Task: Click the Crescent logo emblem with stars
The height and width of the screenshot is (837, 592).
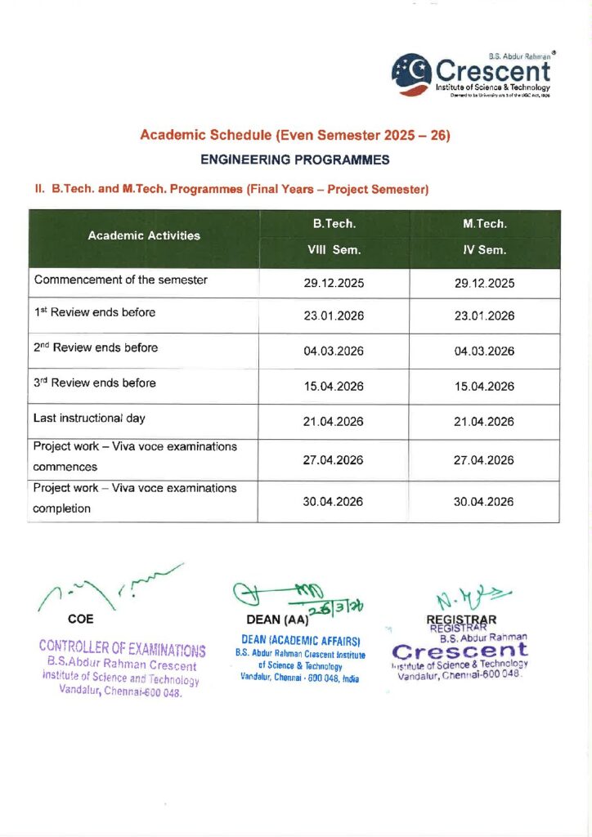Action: click(x=410, y=72)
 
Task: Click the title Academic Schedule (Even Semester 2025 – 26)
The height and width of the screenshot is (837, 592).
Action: click(x=295, y=134)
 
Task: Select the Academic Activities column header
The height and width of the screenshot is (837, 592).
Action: click(x=144, y=235)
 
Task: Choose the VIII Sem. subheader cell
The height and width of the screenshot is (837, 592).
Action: click(x=334, y=250)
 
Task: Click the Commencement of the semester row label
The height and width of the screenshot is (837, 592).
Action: click(x=121, y=280)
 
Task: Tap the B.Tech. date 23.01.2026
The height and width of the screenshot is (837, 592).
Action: click(x=334, y=316)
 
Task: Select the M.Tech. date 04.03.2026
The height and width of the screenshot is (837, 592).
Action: click(x=484, y=351)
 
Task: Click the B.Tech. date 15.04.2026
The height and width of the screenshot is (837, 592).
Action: click(x=334, y=387)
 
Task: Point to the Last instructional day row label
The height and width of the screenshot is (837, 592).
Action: click(x=90, y=418)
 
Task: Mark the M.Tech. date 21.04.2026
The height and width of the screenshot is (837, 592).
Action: click(x=484, y=422)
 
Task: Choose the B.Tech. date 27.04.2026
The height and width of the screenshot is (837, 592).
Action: click(x=334, y=460)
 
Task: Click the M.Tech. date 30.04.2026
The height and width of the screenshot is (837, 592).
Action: click(x=484, y=502)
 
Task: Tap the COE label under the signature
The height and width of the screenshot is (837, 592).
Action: click(x=80, y=619)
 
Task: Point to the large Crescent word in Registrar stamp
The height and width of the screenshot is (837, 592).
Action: click(x=460, y=651)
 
